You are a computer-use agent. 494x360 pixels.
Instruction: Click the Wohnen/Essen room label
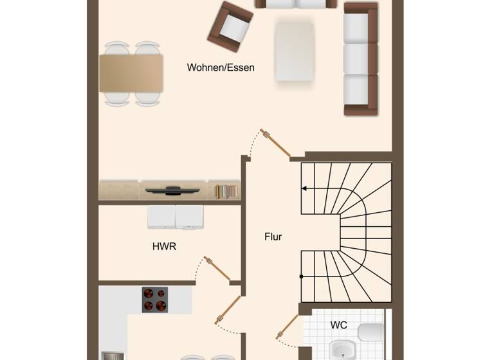point(221,67)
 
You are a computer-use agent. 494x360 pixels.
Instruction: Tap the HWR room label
point(164,246)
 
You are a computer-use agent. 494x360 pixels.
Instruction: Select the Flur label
point(273,237)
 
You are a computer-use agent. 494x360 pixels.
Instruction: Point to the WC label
point(339,325)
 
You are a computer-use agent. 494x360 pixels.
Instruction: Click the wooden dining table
point(131,73)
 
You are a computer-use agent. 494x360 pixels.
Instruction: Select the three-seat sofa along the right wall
point(360,59)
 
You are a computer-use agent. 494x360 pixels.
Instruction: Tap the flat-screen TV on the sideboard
point(172,190)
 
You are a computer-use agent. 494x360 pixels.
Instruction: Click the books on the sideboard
point(226,191)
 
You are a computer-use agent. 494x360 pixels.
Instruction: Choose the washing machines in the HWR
point(175,217)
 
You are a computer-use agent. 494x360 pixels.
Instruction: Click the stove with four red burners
point(155,300)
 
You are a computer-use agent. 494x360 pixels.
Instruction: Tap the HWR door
point(217,269)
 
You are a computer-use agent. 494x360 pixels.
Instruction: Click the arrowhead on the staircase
point(304,188)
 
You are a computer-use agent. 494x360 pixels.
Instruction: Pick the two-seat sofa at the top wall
point(296,4)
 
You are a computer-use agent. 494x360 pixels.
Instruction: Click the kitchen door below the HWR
point(228,311)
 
